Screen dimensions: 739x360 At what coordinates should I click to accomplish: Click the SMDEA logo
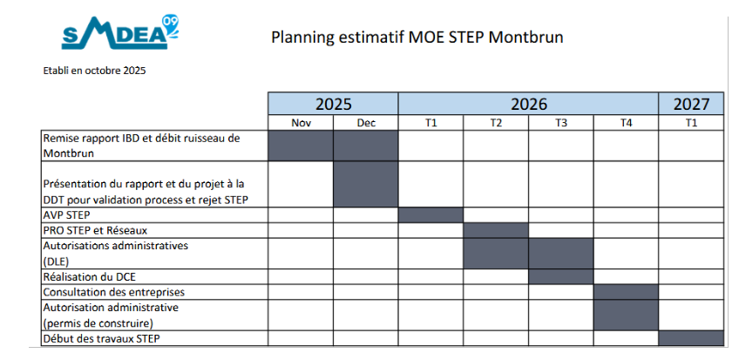pos(119,32)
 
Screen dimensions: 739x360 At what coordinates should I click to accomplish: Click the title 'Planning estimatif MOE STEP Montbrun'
pos(417,37)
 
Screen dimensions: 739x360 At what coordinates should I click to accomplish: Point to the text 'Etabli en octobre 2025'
pos(94,71)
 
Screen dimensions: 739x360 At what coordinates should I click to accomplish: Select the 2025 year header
pos(333,104)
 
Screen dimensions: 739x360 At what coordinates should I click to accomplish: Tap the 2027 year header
pos(691,104)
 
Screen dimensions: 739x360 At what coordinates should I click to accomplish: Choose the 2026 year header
pos(528,104)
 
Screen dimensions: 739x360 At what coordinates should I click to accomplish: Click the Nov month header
pos(301,123)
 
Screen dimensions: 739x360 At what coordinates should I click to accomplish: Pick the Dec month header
pos(366,123)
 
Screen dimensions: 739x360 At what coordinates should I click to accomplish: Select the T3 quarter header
pos(561,123)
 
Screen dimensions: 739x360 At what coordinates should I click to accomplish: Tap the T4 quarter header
pos(626,123)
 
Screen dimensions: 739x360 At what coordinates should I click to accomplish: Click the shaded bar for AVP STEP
pos(431,215)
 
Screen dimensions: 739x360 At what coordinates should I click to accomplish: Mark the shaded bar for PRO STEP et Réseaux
pos(496,230)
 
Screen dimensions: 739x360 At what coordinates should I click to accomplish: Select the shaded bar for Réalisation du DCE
pos(561,276)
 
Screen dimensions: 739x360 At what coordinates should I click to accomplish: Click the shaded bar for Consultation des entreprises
pos(626,292)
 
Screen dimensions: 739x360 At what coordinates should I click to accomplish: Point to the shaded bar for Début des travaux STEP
pos(691,338)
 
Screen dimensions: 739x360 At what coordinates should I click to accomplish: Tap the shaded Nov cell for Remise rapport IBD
pos(301,146)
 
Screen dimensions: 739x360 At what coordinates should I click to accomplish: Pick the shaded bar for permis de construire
pos(626,315)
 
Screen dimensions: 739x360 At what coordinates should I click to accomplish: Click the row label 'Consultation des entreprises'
pos(114,292)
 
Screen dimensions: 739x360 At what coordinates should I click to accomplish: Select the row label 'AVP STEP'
pos(66,215)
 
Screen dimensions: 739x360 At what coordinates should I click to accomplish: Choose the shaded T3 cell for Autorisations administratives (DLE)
pos(561,254)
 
